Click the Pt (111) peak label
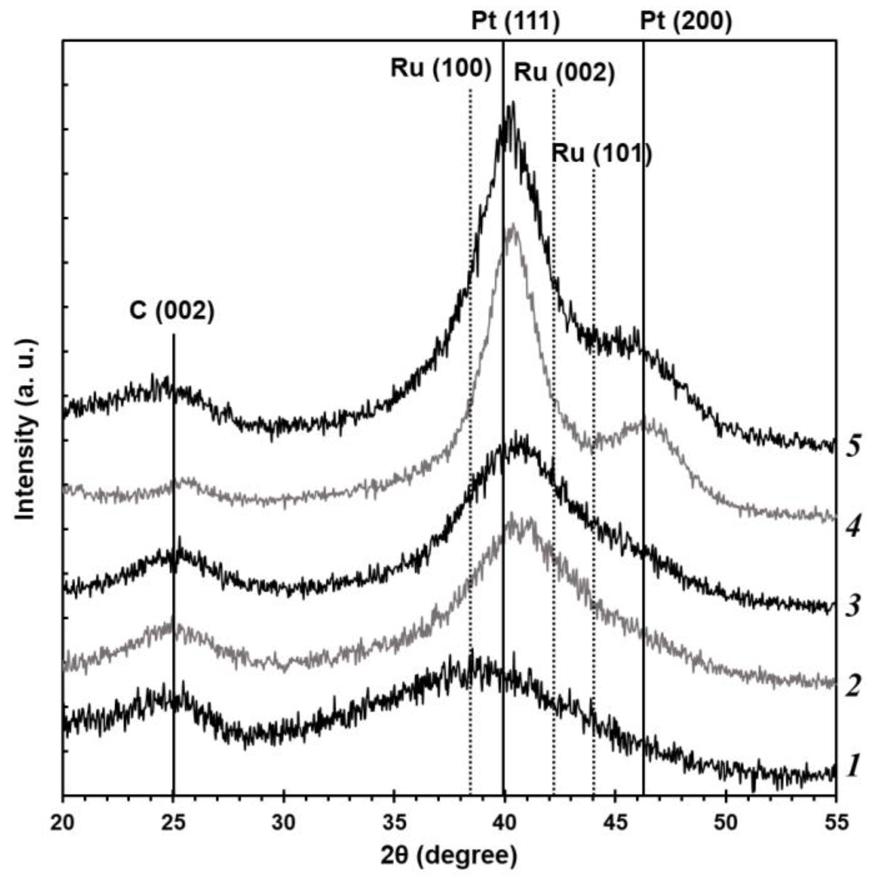coord(515,21)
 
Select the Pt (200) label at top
coord(686,21)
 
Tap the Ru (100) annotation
coord(441,70)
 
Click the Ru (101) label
coord(601,154)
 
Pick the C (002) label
coord(171,312)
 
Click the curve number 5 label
coord(853,447)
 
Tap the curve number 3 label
coord(853,606)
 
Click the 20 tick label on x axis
coord(63,822)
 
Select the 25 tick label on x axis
coord(174,822)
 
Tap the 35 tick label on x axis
coord(394,822)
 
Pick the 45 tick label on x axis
coord(615,822)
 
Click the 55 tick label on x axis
coord(835,822)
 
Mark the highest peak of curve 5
coord(512,103)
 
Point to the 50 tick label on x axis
coord(725,822)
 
